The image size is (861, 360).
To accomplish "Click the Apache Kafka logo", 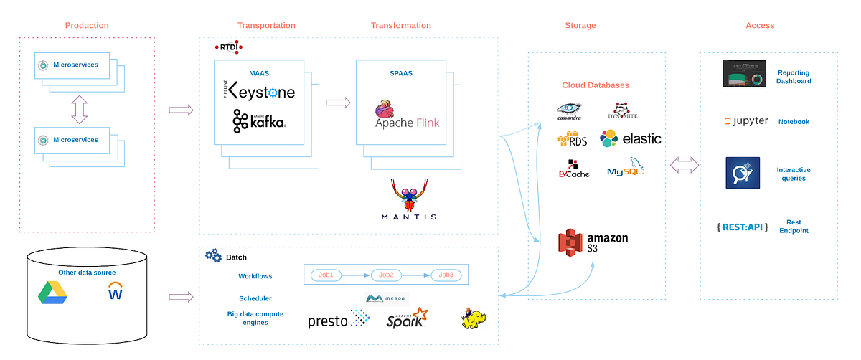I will [x=259, y=121].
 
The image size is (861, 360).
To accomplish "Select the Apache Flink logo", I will [x=406, y=117].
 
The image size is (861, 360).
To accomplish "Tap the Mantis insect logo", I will [x=408, y=200].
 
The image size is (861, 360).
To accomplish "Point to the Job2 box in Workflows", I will [x=387, y=275].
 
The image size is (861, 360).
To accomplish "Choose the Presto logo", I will [x=338, y=319].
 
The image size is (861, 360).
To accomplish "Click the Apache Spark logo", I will [x=407, y=318].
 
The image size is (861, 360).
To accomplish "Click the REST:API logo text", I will [x=742, y=227].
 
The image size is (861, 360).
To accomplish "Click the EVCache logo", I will [x=574, y=169].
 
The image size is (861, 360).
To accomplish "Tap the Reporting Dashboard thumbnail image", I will [x=745, y=75].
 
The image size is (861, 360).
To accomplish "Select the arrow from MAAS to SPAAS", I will [x=338, y=103].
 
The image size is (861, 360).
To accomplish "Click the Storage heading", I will [x=580, y=26].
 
